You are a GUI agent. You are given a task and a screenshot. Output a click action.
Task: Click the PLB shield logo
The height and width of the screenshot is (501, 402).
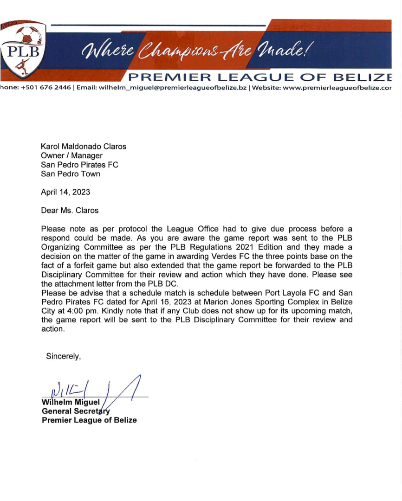point(23,49)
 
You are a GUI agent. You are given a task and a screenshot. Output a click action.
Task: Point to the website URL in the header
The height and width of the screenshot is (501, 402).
point(334,88)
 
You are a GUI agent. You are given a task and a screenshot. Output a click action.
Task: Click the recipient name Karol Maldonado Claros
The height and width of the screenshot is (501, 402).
point(84,147)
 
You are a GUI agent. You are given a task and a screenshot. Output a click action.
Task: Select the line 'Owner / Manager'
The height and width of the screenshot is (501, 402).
point(72,156)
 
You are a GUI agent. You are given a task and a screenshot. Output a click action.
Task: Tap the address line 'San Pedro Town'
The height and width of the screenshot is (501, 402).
point(71,174)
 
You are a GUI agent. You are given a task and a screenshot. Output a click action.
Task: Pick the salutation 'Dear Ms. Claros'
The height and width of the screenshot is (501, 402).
point(70,210)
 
